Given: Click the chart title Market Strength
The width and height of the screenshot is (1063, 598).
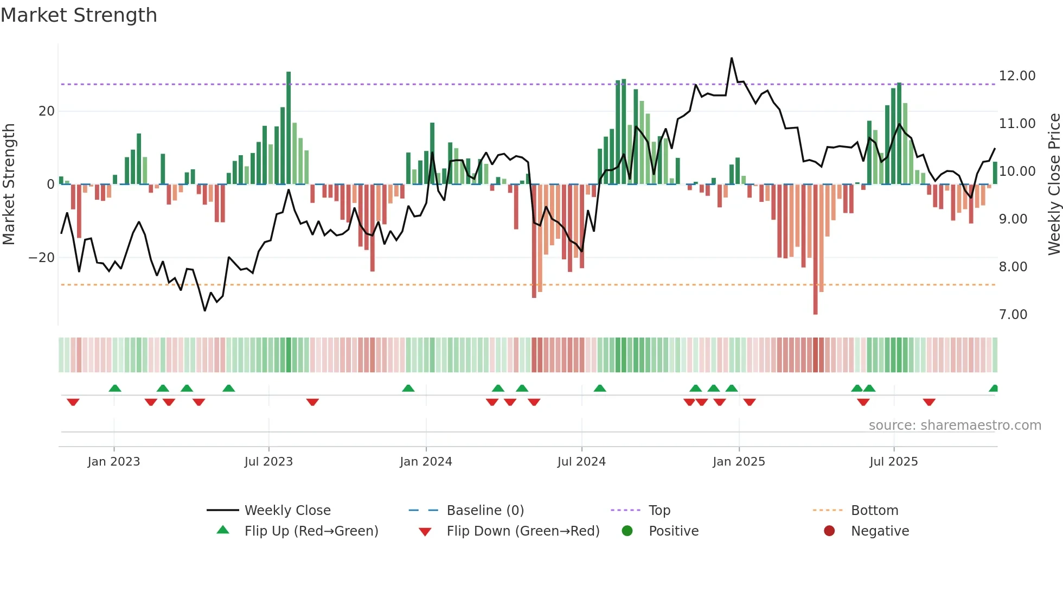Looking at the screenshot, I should (79, 15).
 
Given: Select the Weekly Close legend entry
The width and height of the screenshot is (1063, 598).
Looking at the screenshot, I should (287, 510).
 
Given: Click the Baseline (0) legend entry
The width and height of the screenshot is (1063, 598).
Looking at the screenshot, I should (485, 510).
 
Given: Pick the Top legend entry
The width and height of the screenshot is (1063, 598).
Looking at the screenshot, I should (659, 510).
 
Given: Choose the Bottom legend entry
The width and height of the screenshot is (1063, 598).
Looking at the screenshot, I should (874, 510).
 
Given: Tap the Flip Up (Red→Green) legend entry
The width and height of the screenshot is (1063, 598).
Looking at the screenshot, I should (311, 531).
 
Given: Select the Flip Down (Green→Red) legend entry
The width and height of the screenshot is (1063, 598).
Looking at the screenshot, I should (523, 531).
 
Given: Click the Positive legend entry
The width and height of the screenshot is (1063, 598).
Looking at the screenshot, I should (673, 531).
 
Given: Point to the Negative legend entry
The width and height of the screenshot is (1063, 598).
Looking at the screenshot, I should (880, 531).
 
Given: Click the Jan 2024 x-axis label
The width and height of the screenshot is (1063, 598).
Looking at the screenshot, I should (426, 461).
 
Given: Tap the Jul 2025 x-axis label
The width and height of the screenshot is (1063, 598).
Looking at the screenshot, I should (893, 461).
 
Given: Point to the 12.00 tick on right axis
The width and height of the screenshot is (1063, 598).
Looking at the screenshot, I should (1017, 76).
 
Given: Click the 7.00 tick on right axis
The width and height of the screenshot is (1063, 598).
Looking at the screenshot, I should (1013, 315).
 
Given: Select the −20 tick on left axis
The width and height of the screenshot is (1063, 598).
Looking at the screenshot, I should (42, 258).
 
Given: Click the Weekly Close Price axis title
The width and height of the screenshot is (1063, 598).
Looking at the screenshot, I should (1054, 185).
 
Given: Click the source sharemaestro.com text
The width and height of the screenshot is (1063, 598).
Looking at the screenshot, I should (955, 425).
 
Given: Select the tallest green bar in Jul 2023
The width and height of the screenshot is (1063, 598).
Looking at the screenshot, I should (289, 128).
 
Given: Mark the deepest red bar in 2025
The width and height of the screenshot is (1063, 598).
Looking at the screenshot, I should (815, 250).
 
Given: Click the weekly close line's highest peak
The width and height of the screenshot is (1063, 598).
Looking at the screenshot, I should (732, 58).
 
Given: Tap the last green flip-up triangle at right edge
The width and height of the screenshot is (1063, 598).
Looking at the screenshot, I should (994, 388).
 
